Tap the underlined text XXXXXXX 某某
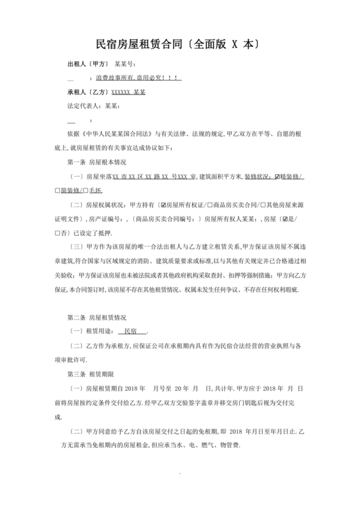coord(129,92)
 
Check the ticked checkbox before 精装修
coord(277,176)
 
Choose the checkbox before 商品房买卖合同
coord(210,205)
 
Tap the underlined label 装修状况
coord(259,176)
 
